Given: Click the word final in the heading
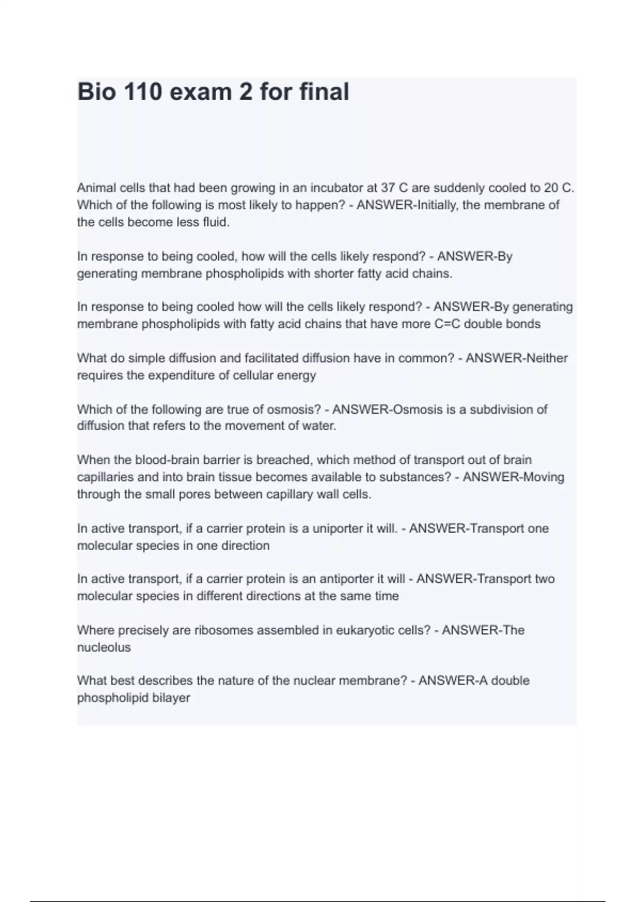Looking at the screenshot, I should click(324, 92).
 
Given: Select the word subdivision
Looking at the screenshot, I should click(502, 410).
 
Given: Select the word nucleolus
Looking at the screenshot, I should click(104, 647).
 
